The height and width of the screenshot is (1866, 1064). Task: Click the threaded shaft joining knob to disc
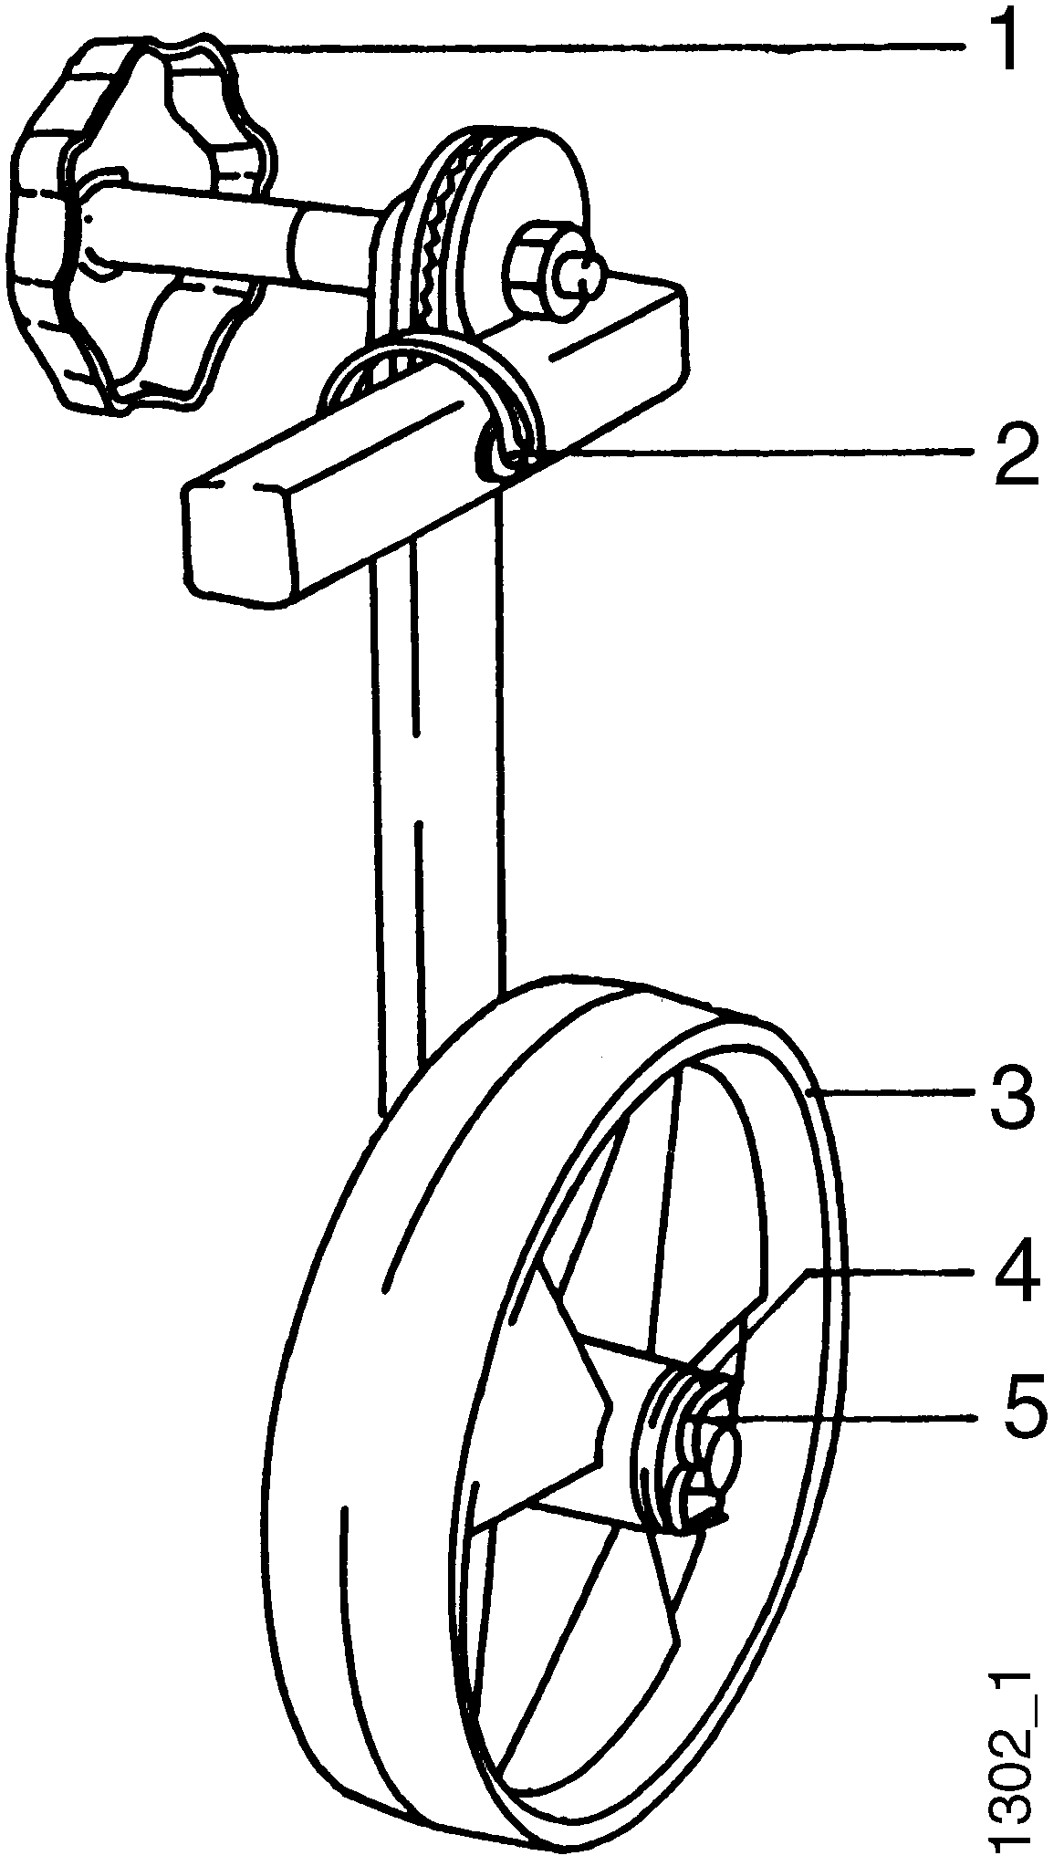(x=319, y=242)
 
